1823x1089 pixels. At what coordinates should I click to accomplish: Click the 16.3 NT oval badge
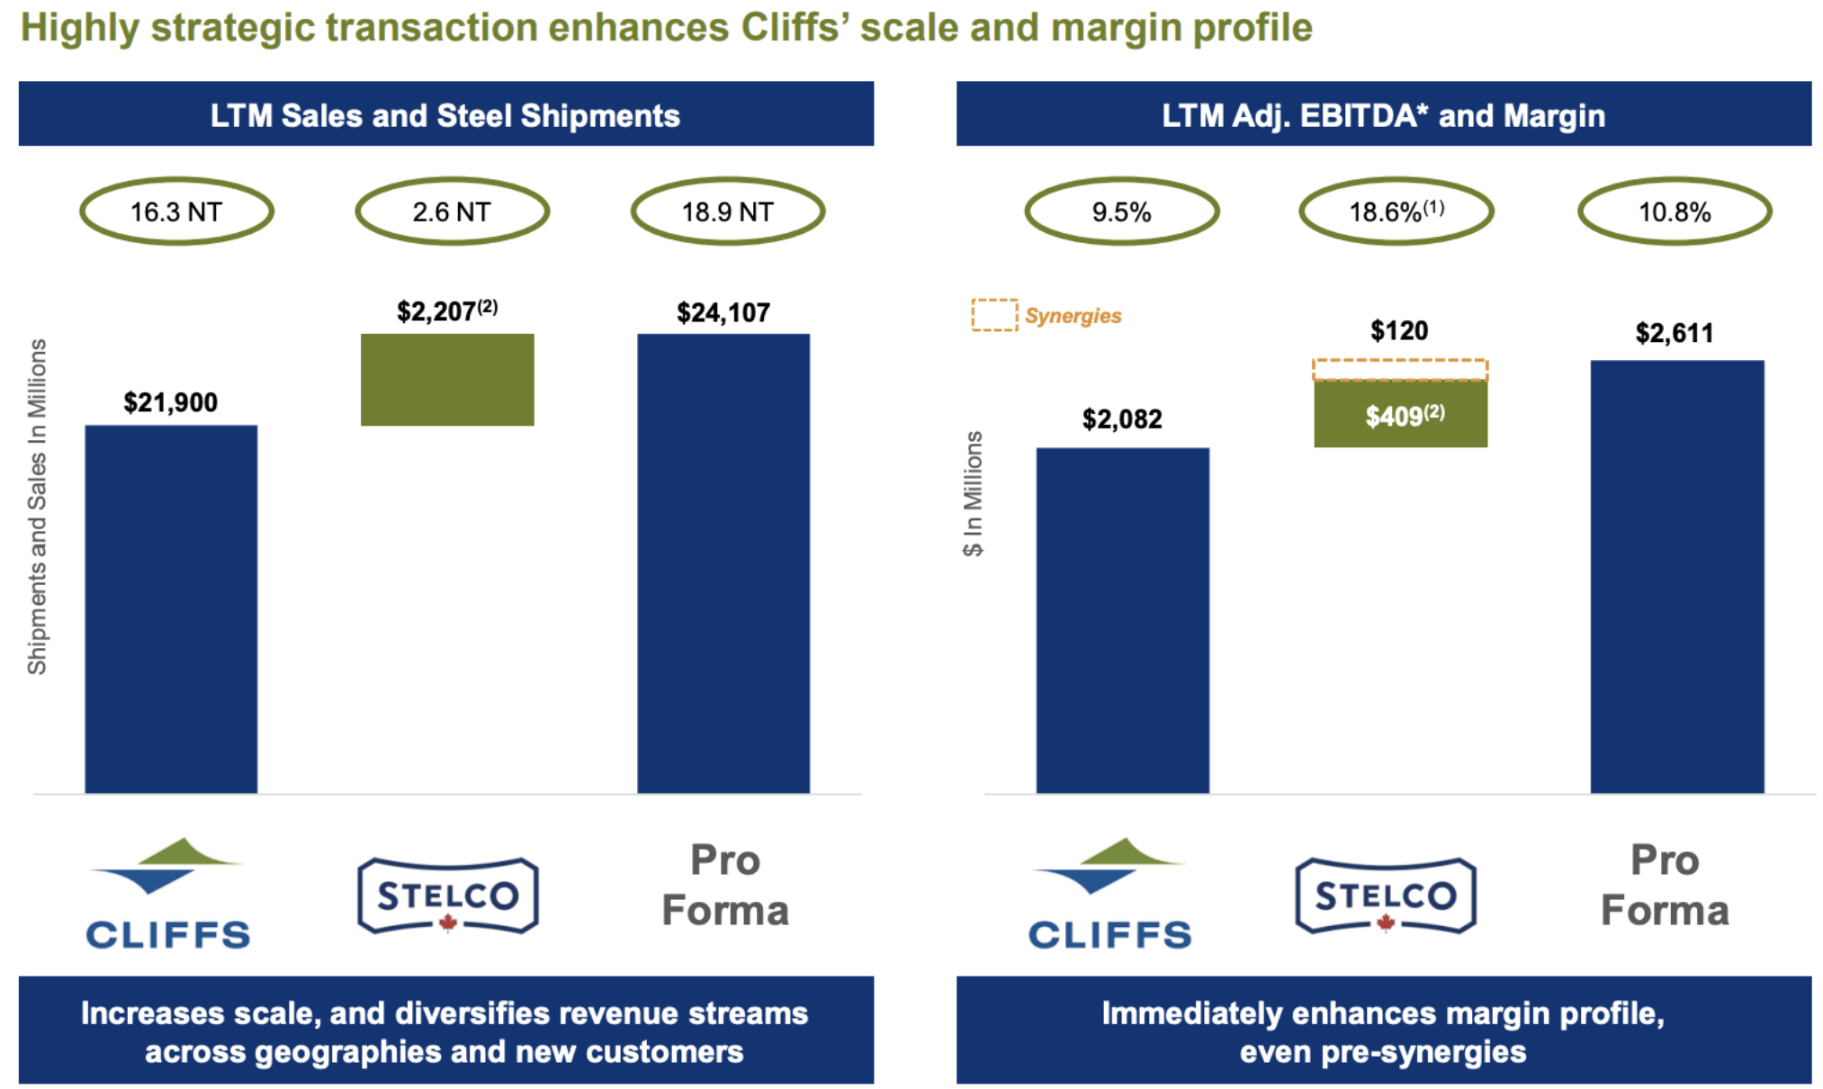[x=176, y=211]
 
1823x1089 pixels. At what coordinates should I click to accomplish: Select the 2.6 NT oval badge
[x=452, y=211]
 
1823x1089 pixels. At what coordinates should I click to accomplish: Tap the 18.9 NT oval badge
[x=727, y=211]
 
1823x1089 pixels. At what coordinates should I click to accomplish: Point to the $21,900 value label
[x=170, y=402]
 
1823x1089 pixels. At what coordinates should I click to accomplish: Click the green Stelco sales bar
[x=447, y=379]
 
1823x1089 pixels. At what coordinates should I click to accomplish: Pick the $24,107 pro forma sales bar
[x=723, y=562]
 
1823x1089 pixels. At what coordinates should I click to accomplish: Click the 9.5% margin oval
[x=1121, y=211]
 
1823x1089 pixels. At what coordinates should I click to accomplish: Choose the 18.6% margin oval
[x=1396, y=211]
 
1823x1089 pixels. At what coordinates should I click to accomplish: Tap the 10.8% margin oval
[x=1674, y=211]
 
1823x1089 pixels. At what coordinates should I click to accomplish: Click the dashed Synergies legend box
[x=994, y=315]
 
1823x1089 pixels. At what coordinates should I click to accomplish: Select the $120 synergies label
[x=1398, y=330]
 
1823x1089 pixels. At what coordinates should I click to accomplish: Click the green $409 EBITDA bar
[x=1400, y=415]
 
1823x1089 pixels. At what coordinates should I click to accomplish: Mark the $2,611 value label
[x=1674, y=333]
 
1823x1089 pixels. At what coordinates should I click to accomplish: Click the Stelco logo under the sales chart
[x=448, y=895]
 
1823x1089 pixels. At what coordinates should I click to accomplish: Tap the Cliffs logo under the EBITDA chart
[x=1109, y=894]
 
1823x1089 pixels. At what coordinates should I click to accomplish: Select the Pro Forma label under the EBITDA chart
[x=1665, y=885]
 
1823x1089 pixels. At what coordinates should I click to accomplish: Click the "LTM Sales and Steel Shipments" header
[x=445, y=114]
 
